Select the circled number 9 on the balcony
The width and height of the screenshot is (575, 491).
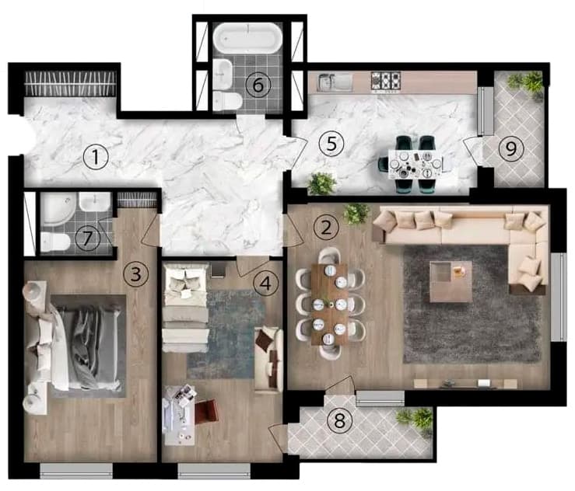click(x=511, y=148)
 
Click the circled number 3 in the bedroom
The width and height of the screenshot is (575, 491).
click(x=136, y=273)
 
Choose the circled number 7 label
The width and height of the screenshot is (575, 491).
click(x=88, y=238)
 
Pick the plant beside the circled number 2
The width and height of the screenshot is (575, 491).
click(x=356, y=213)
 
